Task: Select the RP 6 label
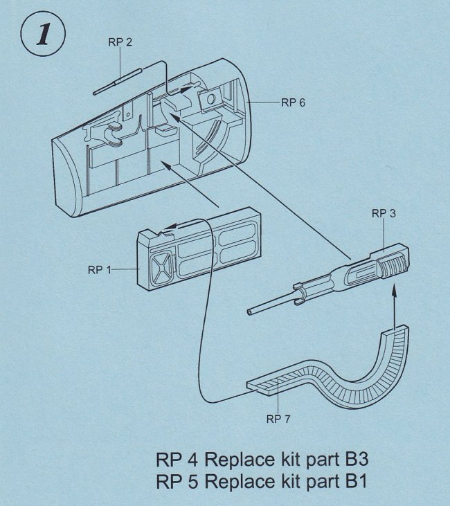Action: (292, 102)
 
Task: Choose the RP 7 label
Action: (278, 419)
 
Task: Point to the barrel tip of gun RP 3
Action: (247, 314)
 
